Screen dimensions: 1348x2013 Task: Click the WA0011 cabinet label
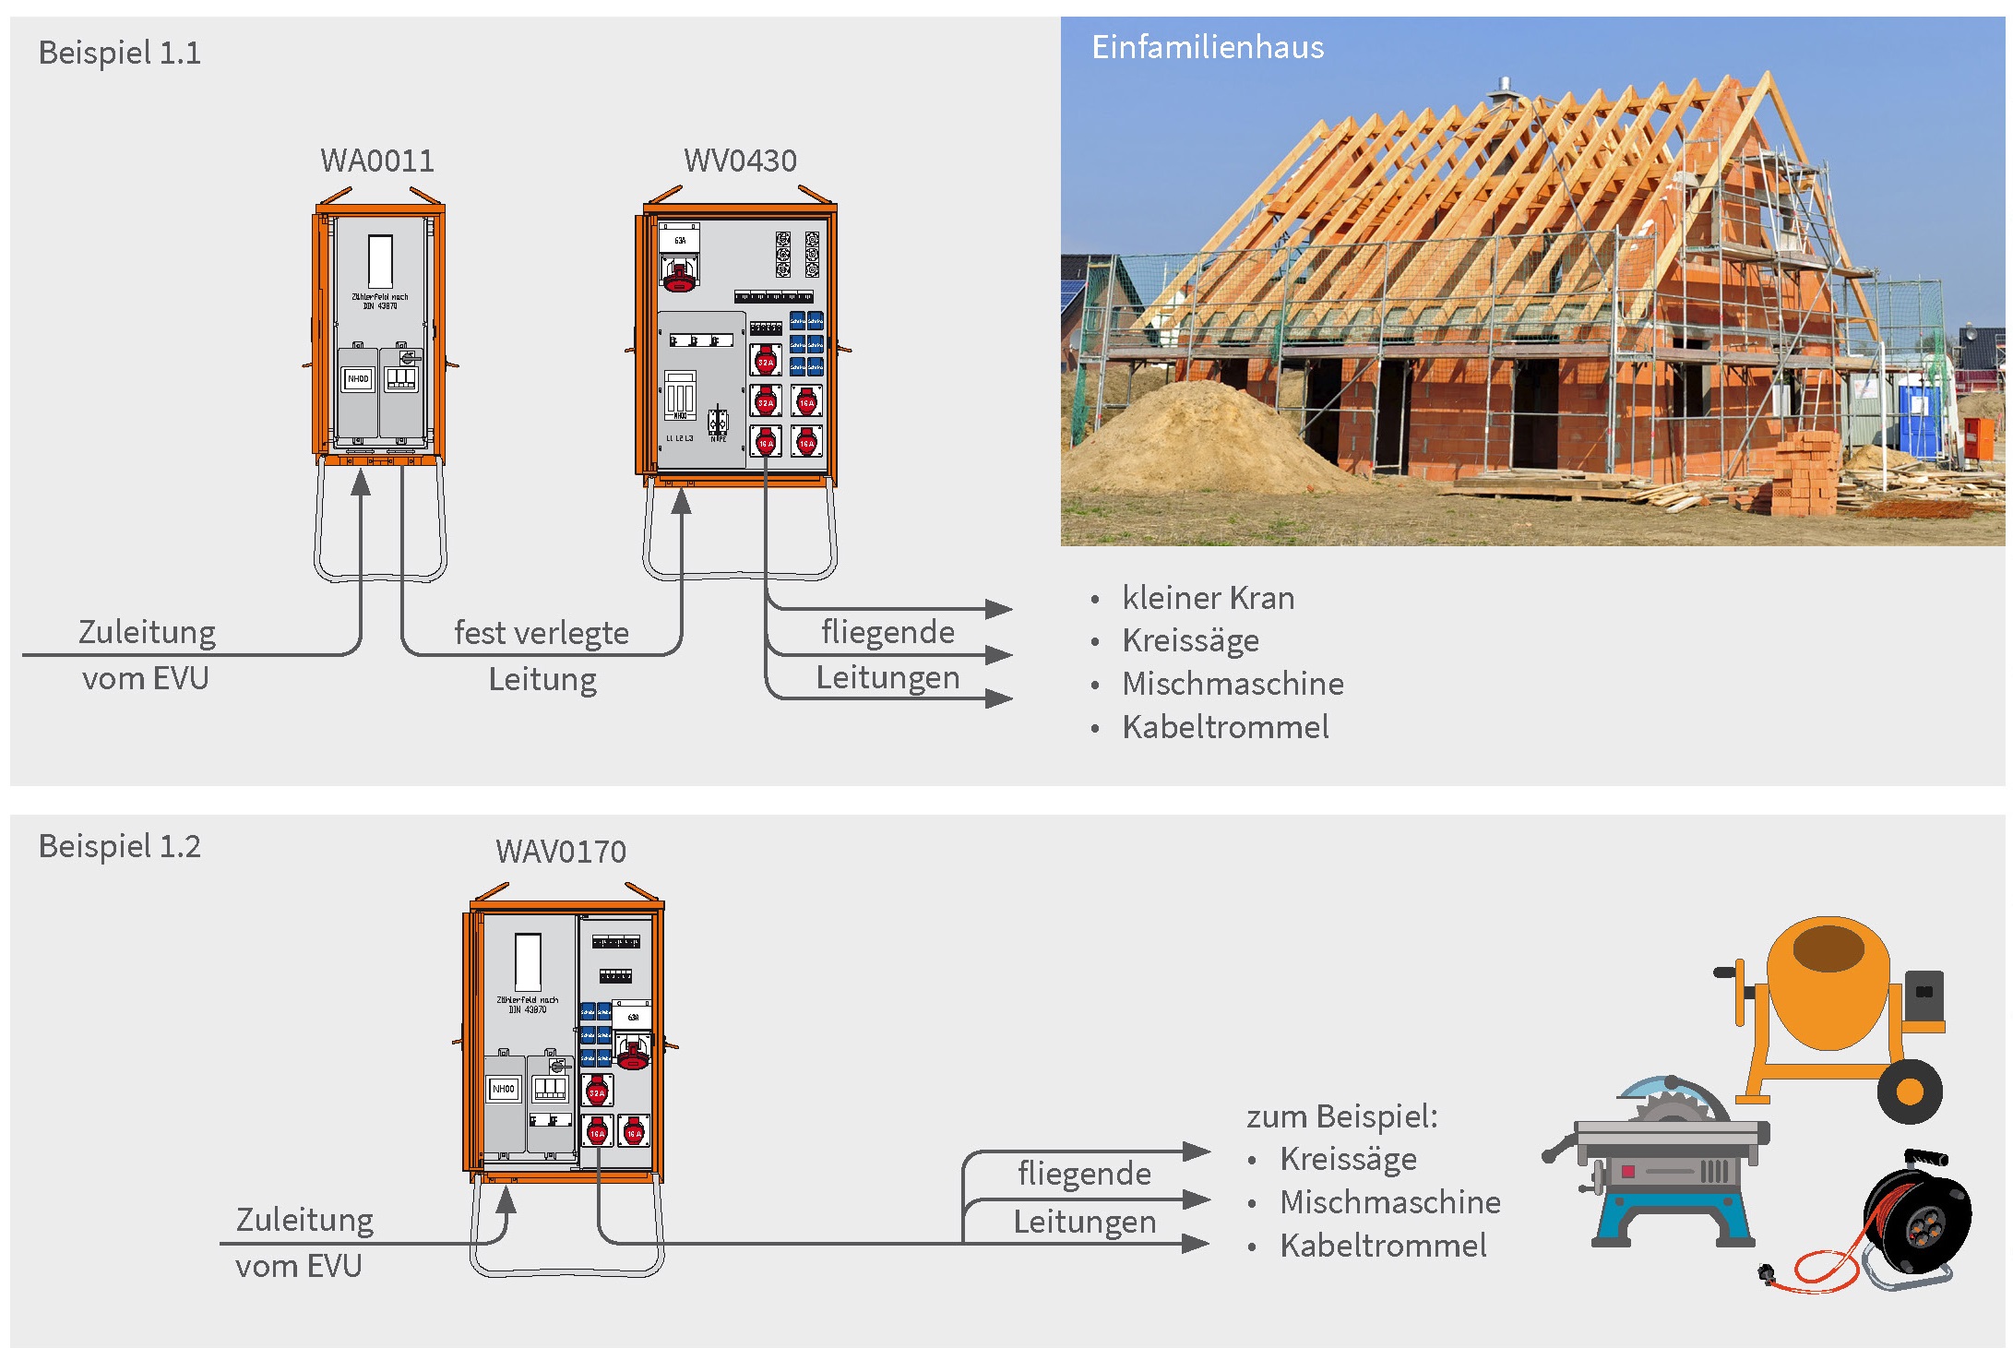coord(376,161)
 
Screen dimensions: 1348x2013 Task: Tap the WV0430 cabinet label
coord(740,161)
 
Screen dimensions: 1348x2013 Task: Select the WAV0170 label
coord(561,851)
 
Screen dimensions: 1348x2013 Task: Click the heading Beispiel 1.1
coord(119,53)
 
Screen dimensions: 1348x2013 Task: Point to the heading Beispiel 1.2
coord(119,846)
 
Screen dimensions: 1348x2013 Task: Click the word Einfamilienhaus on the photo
coord(1207,47)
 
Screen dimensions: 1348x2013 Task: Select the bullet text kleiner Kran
coord(1208,598)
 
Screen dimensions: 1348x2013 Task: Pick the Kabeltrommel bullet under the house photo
coord(1225,727)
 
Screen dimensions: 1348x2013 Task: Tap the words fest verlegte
coord(542,633)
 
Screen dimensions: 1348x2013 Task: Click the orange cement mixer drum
coord(1827,983)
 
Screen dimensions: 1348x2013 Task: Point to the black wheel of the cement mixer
coord(1910,1092)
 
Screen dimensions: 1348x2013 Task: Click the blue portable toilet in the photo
coord(1922,420)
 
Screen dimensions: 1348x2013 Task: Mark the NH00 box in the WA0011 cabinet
coord(358,378)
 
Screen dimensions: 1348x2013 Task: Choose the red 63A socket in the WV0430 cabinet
coord(679,273)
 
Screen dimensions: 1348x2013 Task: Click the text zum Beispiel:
coord(1341,1116)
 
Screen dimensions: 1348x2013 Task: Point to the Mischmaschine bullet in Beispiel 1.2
coord(1389,1202)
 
